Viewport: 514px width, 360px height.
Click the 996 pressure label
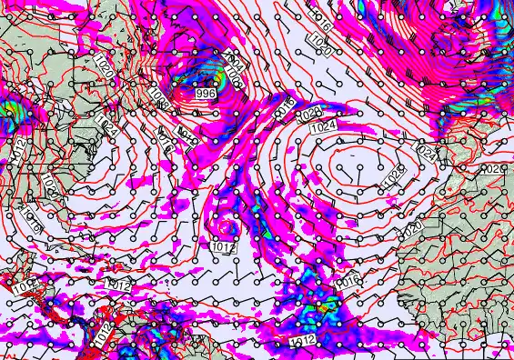[x=206, y=94]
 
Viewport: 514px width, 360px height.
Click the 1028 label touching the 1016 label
[x=310, y=114]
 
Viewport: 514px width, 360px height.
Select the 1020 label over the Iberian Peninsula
[x=492, y=170]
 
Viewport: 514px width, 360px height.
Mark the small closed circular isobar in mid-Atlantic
[x=226, y=227]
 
